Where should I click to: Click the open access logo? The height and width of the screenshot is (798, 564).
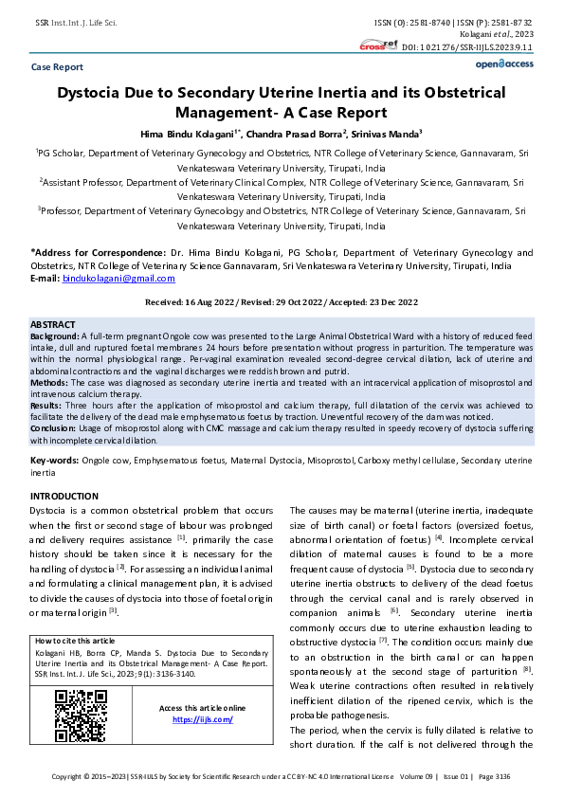(x=504, y=63)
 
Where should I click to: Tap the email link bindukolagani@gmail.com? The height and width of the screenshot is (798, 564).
(x=118, y=278)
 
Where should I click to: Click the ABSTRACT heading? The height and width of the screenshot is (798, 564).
(x=53, y=324)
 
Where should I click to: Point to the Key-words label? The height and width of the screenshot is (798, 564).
(x=54, y=460)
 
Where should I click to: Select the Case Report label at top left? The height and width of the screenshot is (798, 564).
(x=57, y=67)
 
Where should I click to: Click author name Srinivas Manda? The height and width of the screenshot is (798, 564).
(x=385, y=134)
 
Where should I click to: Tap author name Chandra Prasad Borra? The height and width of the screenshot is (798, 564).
(x=296, y=134)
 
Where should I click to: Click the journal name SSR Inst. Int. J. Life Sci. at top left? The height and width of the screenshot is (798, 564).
(x=76, y=21)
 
